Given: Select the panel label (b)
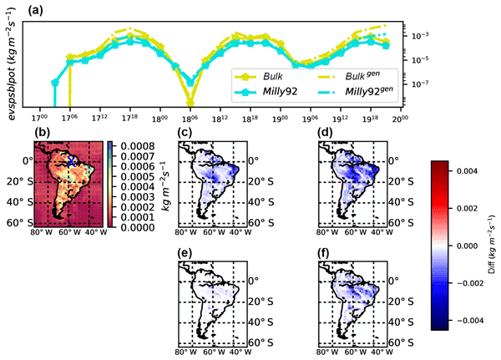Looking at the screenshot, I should (43, 130).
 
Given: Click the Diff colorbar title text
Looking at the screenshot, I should (492, 243).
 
